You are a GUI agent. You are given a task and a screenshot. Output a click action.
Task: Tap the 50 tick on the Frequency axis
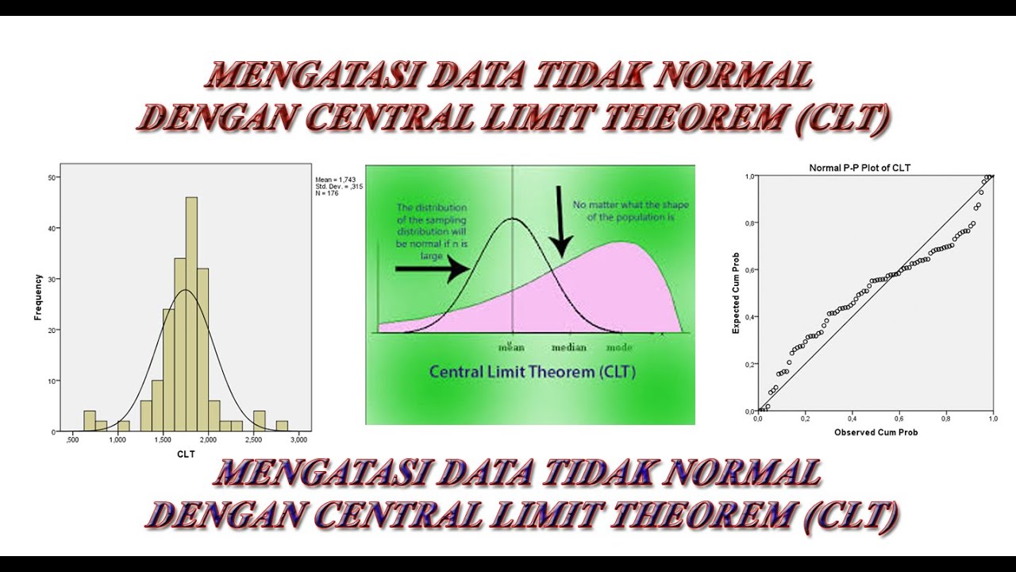52,177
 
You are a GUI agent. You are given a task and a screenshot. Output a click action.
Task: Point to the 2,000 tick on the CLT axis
208,439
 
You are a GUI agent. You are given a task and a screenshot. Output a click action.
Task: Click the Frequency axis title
38,297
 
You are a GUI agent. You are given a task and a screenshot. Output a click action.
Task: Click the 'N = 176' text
327,193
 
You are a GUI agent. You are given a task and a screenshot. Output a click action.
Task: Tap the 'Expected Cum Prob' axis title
736,293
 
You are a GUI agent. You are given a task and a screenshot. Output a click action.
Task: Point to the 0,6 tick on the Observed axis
899,418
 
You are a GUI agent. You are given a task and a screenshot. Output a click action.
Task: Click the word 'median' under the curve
569,347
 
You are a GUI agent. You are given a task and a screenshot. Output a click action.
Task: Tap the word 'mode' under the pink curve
619,347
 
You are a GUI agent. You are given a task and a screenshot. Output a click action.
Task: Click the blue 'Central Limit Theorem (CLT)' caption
532,372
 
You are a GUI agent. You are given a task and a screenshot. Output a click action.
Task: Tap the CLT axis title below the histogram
186,454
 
